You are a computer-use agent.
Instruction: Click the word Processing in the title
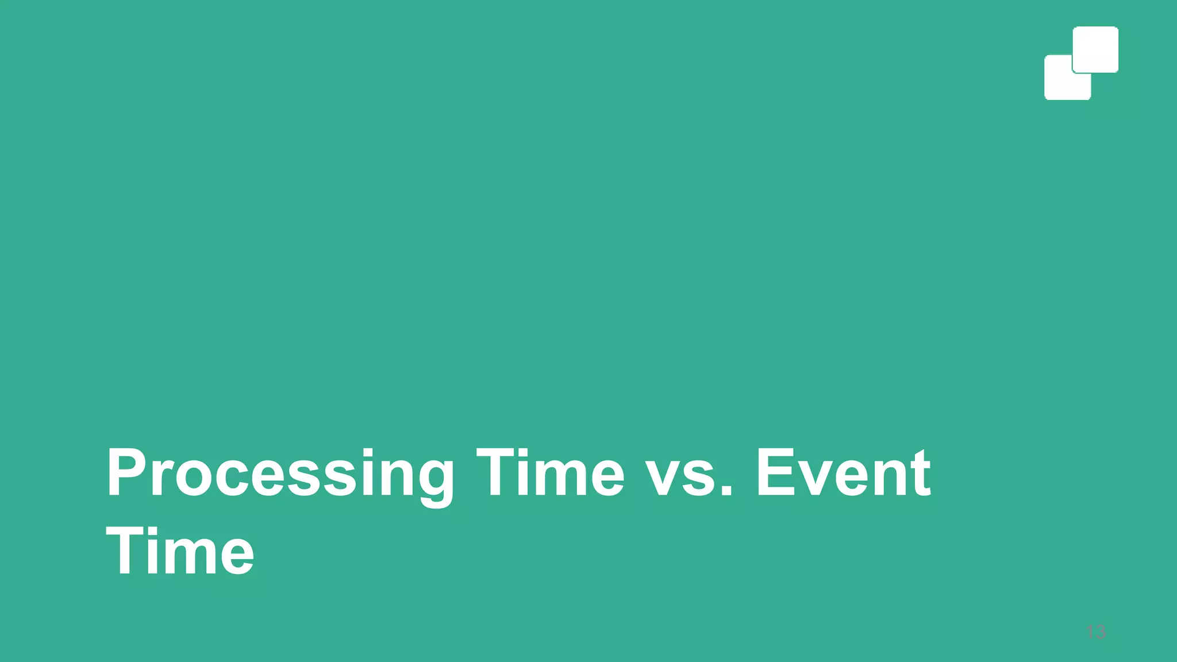click(x=280, y=474)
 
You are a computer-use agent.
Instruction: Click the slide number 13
click(x=1096, y=632)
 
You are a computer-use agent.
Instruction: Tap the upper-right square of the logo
click(x=1095, y=49)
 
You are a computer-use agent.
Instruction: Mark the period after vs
click(x=726, y=492)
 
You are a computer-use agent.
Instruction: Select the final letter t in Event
click(x=920, y=474)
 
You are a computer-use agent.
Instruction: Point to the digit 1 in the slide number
click(x=1090, y=632)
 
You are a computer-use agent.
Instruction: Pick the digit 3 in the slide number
click(x=1100, y=632)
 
